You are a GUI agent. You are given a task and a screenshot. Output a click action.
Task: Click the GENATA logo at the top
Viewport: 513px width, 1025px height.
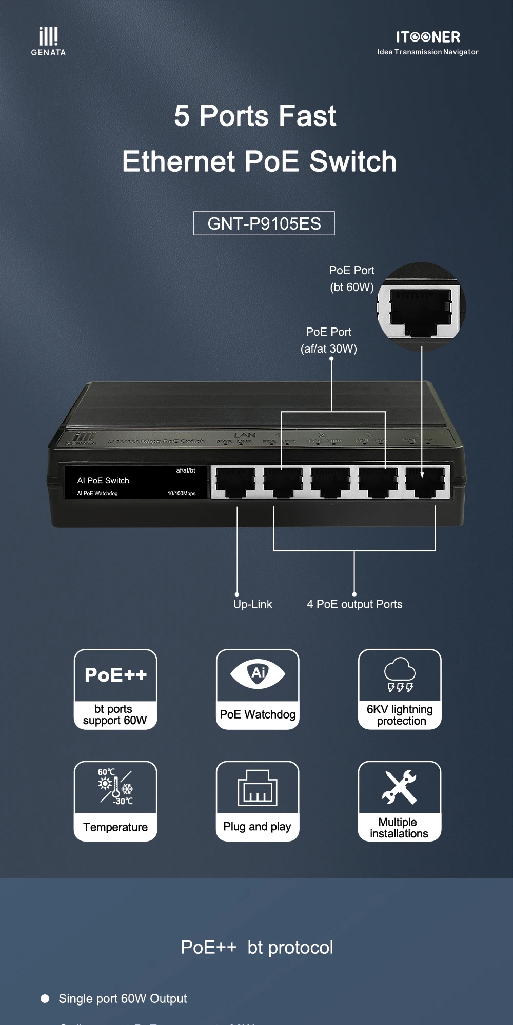point(48,41)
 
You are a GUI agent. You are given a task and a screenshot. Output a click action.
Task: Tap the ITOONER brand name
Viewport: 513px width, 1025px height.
point(428,37)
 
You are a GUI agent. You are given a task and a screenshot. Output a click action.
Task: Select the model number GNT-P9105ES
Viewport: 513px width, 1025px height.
point(264,223)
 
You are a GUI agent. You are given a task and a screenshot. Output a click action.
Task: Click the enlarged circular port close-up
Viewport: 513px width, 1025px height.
point(421,307)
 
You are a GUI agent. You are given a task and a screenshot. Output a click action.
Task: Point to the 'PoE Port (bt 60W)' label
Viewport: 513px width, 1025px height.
point(352,279)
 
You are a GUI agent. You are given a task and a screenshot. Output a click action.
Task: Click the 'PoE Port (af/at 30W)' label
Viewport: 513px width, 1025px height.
point(329,340)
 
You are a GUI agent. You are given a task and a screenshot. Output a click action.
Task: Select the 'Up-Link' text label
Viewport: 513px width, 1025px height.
point(252,604)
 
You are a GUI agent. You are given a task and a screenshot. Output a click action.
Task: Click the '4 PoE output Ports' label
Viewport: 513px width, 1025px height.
point(354,604)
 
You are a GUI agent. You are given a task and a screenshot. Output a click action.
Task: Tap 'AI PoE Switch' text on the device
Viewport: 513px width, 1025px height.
point(103,480)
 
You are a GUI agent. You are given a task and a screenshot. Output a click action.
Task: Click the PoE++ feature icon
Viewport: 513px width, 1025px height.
point(115,675)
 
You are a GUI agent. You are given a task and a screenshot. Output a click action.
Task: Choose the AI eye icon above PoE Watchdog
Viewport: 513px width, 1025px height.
point(258,673)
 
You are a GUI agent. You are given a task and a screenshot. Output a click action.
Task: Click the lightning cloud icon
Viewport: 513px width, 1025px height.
point(400,674)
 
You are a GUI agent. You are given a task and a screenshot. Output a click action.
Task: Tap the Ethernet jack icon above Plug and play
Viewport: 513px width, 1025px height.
point(258,788)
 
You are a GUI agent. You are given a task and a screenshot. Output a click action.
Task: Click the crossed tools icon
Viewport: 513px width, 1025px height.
point(400,787)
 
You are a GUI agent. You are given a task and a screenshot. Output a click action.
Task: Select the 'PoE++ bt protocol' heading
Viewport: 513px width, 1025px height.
point(257,948)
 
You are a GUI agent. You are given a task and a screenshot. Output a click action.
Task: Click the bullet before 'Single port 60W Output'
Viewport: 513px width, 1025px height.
point(45,998)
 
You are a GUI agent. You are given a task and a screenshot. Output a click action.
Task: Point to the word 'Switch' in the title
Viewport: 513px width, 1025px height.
point(353,161)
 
